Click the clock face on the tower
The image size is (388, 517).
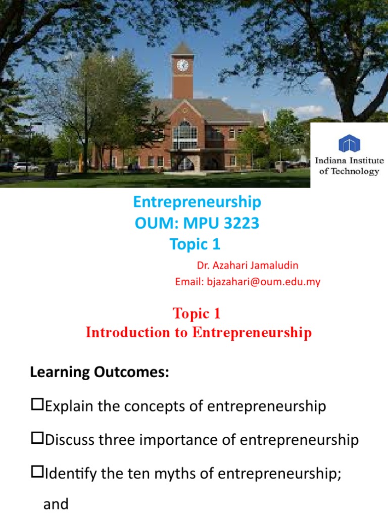click(x=182, y=65)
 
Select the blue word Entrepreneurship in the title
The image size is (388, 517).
click(x=197, y=202)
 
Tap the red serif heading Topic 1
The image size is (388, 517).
click(x=197, y=314)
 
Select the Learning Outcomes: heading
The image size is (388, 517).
click(x=99, y=373)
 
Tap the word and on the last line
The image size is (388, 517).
click(x=56, y=504)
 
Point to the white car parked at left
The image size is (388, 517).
click(x=26, y=166)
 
